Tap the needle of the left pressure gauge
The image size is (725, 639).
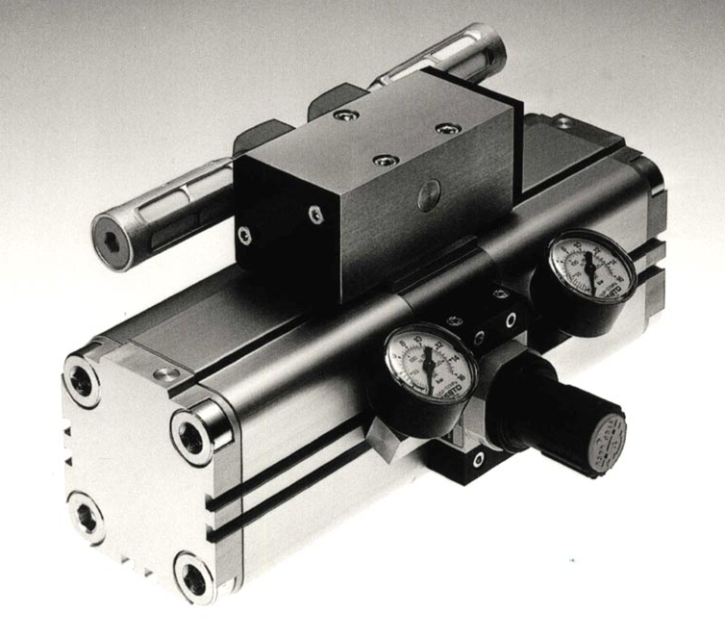coord(425,364)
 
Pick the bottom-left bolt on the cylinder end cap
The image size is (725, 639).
coord(84,510)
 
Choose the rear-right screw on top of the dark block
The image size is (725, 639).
coord(443,127)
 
